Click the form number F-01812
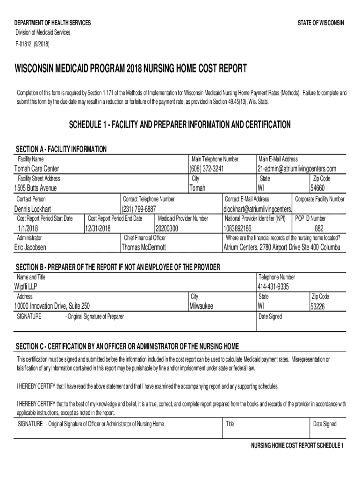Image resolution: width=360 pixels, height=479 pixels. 23,44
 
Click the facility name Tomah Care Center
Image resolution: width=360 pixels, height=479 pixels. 37,169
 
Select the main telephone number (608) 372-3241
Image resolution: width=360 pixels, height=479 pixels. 207,169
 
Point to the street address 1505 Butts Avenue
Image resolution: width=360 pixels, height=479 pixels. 36,189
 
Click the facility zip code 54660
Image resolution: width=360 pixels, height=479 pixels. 317,189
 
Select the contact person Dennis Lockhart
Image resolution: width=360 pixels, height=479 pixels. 33,209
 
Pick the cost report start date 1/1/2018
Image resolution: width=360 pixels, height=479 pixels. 27,228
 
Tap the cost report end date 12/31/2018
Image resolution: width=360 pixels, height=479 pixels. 98,228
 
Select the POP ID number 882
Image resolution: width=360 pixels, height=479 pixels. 318,228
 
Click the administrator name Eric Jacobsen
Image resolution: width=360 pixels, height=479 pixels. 31,247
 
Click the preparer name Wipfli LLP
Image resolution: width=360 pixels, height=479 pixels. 26,287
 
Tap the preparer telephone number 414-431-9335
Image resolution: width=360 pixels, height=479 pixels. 273,287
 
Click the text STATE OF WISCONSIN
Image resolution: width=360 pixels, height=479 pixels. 321,23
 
